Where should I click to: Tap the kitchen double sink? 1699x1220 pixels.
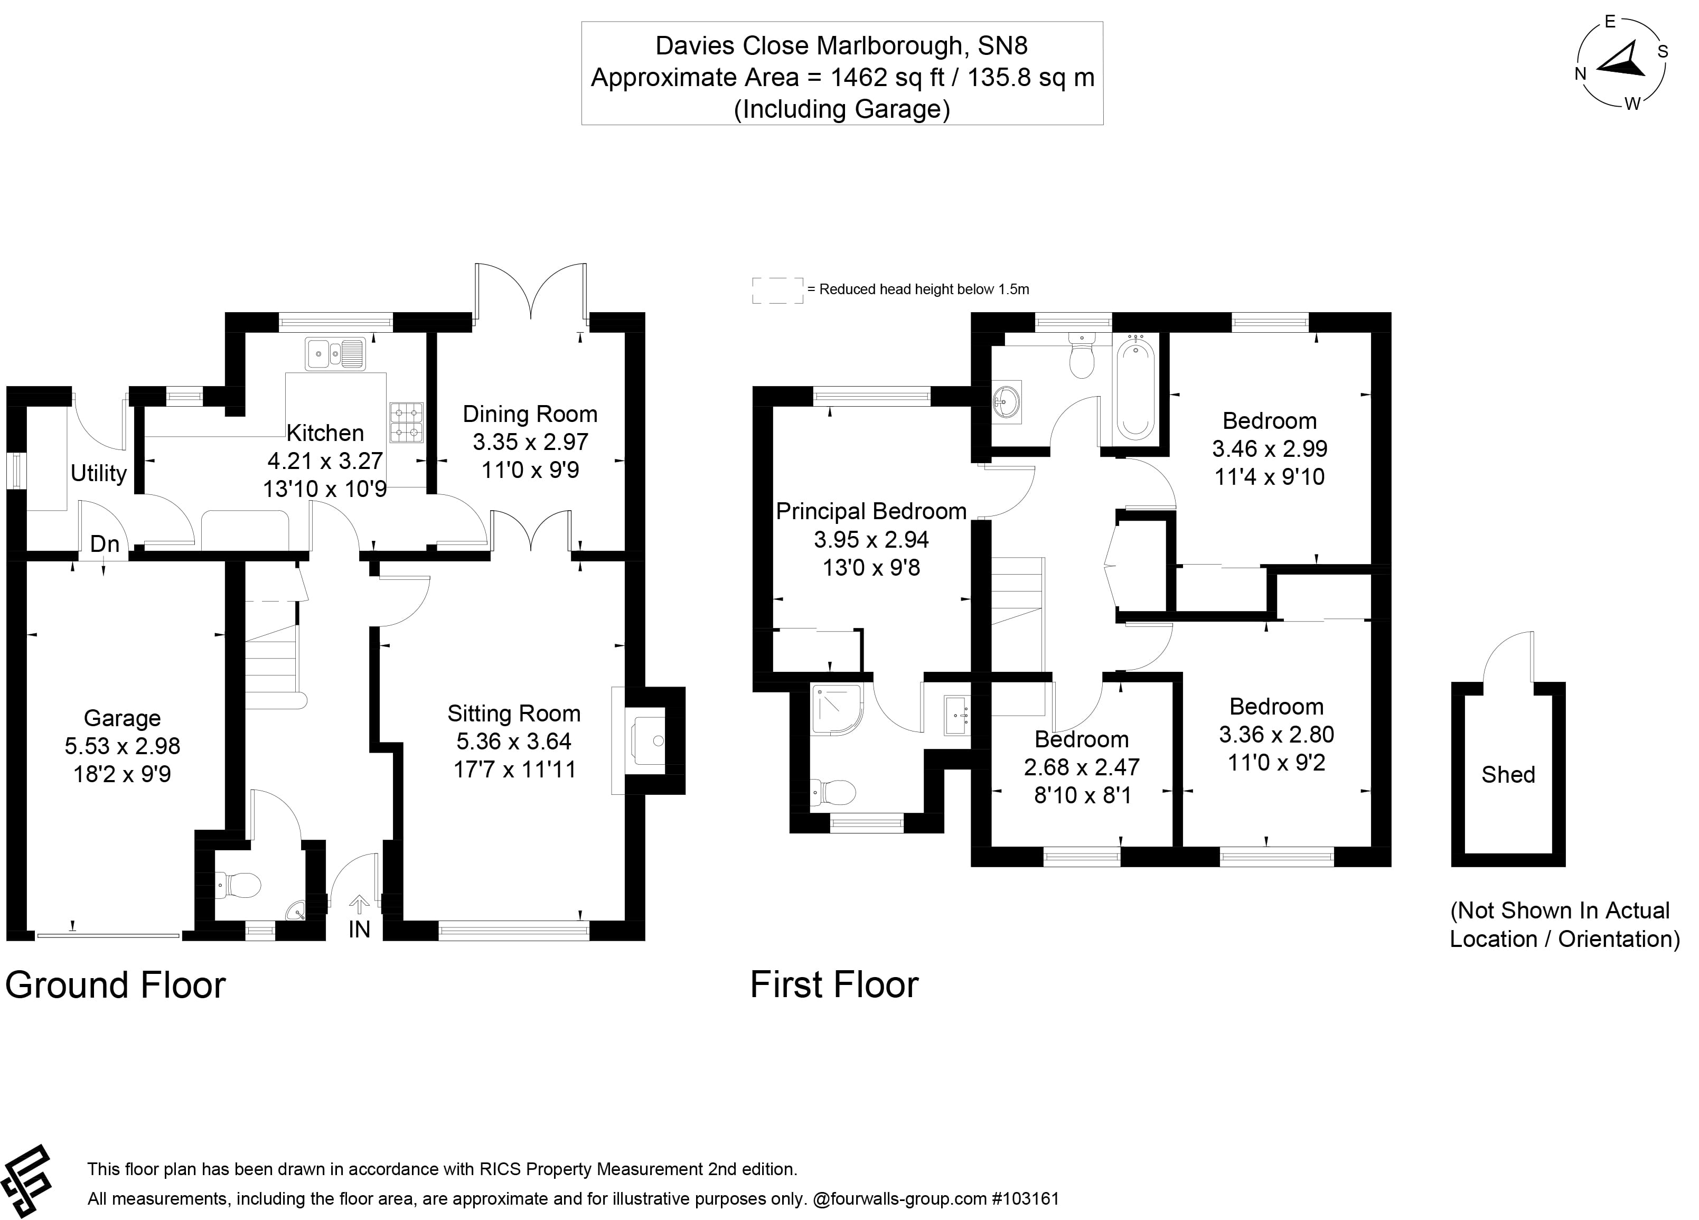(x=334, y=353)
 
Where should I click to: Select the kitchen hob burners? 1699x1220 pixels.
(x=406, y=423)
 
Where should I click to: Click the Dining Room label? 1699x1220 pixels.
(x=530, y=414)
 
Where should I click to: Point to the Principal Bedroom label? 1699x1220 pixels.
(x=871, y=512)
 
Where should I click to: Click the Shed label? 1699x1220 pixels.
(x=1508, y=774)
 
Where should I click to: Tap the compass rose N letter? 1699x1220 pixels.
(x=1581, y=74)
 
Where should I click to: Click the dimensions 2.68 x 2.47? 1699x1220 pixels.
(x=1081, y=767)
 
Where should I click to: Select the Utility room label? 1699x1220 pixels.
(x=98, y=473)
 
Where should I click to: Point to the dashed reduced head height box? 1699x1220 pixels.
(x=777, y=290)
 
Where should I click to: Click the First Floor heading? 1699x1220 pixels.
(x=834, y=985)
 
